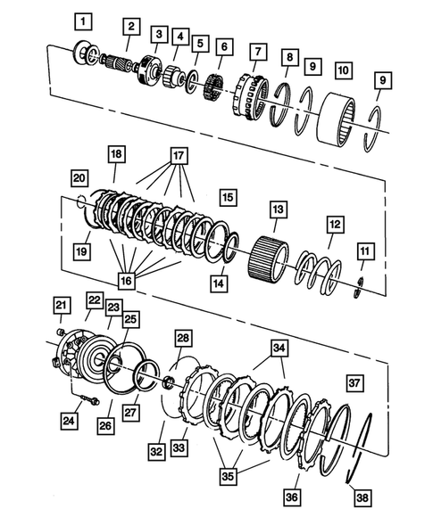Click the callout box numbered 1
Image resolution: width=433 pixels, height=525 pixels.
[82, 19]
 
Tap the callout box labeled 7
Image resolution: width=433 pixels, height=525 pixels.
[158, 35]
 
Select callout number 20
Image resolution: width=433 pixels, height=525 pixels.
[79, 176]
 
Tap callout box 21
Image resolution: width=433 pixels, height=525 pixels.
[61, 308]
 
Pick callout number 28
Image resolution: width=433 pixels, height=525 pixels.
[182, 339]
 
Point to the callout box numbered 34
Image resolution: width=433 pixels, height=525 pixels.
[279, 347]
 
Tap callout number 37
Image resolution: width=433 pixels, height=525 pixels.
[354, 383]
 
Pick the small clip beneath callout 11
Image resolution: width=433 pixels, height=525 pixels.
[355, 285]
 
